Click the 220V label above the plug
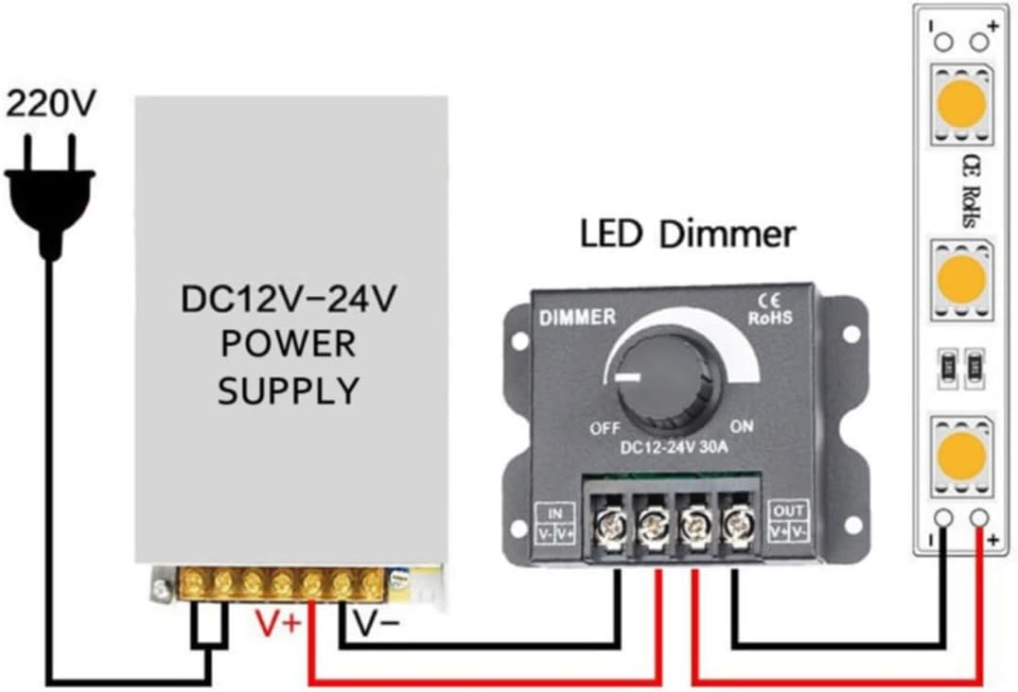pyautogui.click(x=51, y=103)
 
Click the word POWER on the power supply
pyautogui.click(x=289, y=344)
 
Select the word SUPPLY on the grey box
pyautogui.click(x=289, y=390)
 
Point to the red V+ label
pyautogui.click(x=278, y=623)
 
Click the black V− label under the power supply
pyautogui.click(x=376, y=623)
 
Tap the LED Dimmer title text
pyautogui.click(x=687, y=234)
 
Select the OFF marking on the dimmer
pyautogui.click(x=606, y=428)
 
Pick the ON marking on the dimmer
pyautogui.click(x=742, y=426)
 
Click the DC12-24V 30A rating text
pyautogui.click(x=674, y=447)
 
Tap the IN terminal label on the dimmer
pyautogui.click(x=555, y=513)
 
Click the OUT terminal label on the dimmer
pyautogui.click(x=789, y=510)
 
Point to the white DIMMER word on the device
pyautogui.click(x=577, y=317)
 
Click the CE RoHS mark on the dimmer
pyautogui.click(x=771, y=310)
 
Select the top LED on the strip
pyautogui.click(x=962, y=104)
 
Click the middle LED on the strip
pyautogui.click(x=962, y=280)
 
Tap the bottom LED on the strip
pyautogui.click(x=962, y=455)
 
